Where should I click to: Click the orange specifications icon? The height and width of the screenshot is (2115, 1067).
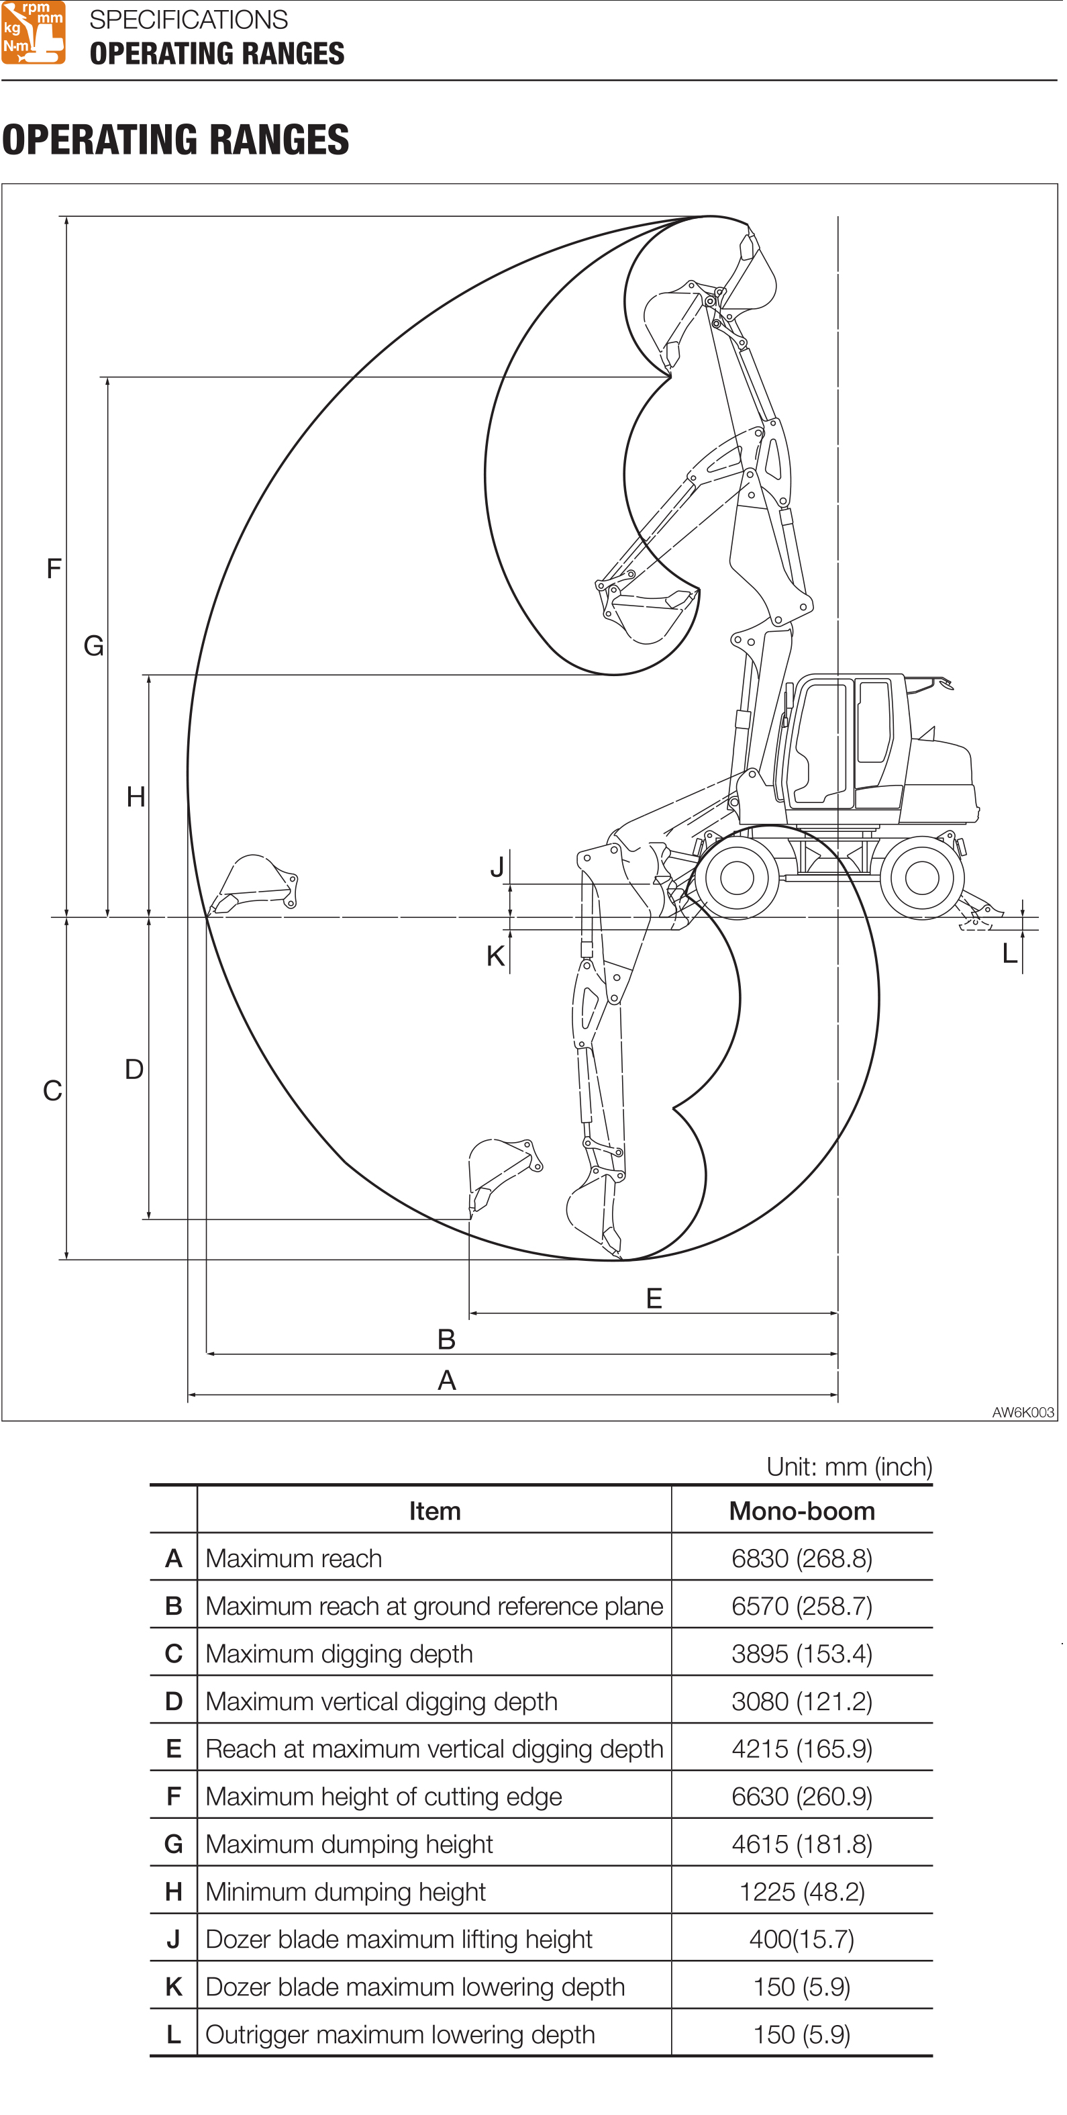[33, 32]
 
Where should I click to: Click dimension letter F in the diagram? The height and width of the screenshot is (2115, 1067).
[54, 568]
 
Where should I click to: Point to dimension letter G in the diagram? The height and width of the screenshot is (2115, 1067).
[93, 646]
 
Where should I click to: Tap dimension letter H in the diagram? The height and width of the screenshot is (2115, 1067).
[136, 796]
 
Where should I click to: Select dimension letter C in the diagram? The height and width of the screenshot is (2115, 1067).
[52, 1091]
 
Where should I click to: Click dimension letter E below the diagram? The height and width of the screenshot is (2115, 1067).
[654, 1298]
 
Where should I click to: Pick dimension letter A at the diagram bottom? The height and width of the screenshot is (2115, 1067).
[446, 1380]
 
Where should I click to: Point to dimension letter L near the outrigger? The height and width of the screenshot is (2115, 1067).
[1009, 953]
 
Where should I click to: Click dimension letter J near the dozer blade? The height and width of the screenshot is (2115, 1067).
[497, 867]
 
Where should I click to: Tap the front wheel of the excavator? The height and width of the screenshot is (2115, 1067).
[736, 878]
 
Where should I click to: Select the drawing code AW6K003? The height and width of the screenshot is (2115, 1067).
[1022, 1412]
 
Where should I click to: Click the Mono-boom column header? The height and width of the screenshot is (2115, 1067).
[802, 1511]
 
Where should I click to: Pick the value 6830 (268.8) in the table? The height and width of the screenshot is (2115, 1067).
[802, 1558]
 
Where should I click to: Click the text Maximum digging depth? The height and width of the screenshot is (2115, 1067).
[339, 1654]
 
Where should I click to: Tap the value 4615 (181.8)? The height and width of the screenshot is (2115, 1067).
[802, 1844]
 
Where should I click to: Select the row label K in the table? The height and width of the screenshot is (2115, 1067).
[173, 1987]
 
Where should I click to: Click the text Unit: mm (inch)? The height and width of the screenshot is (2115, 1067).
[849, 1466]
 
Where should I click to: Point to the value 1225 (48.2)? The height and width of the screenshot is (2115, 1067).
[802, 1891]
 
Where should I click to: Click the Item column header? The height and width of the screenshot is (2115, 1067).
[434, 1511]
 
